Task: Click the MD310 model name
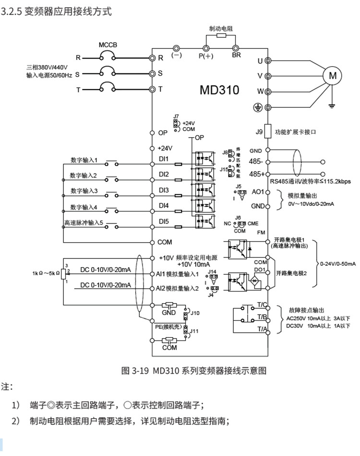point(219,90)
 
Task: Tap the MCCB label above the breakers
point(108,45)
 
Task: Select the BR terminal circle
point(236,48)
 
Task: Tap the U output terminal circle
point(268,61)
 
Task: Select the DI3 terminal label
point(164,190)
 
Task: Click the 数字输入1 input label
point(84,160)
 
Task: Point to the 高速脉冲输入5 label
point(84,223)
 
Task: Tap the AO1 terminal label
point(258,192)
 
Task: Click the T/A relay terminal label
point(262,328)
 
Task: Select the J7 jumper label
point(176,116)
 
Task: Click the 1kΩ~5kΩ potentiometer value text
point(46,273)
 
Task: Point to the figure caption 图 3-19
point(136,370)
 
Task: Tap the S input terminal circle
point(153,73)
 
